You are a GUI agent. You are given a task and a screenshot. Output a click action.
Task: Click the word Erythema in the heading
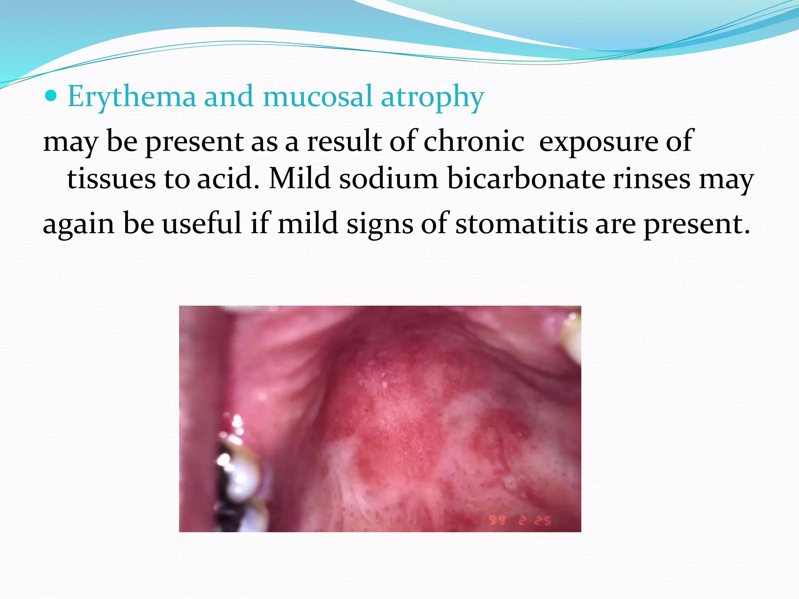click(x=131, y=96)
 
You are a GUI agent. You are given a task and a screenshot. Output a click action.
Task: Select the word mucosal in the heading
click(x=318, y=96)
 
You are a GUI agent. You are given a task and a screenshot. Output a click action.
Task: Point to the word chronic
click(x=474, y=141)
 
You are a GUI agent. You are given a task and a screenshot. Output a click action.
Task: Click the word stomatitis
click(x=521, y=224)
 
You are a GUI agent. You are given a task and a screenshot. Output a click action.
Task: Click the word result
click(x=344, y=141)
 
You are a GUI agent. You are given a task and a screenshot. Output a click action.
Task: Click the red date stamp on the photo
click(x=520, y=520)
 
